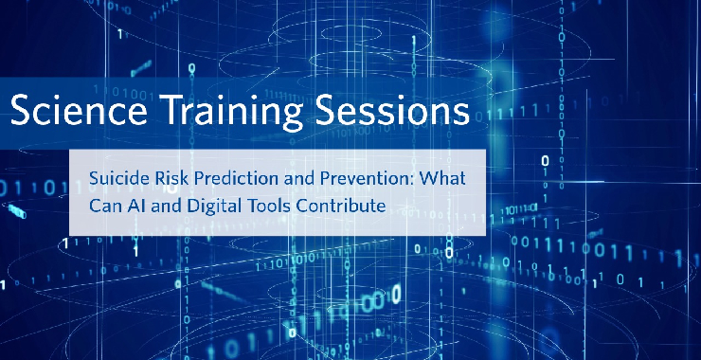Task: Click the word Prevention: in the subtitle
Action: [369, 177]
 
